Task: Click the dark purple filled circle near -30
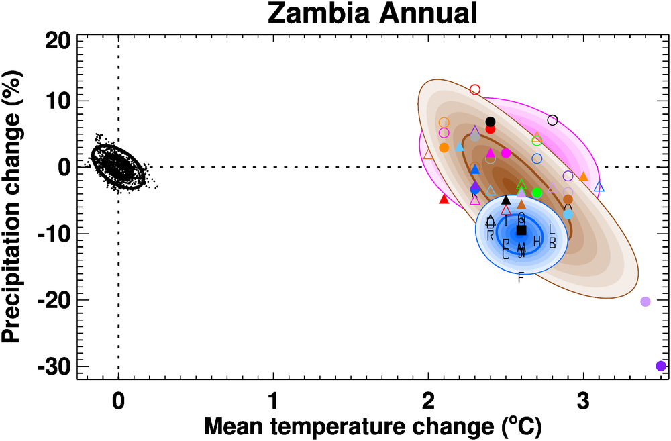point(660,366)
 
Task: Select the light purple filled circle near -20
point(646,301)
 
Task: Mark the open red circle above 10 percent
point(475,89)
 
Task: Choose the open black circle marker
point(552,120)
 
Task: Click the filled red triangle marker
point(444,199)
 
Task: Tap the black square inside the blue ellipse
point(521,230)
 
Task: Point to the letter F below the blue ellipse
point(521,277)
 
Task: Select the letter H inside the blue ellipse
point(537,241)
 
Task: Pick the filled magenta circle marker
point(506,153)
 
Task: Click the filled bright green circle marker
point(537,193)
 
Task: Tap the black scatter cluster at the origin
point(118,164)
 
